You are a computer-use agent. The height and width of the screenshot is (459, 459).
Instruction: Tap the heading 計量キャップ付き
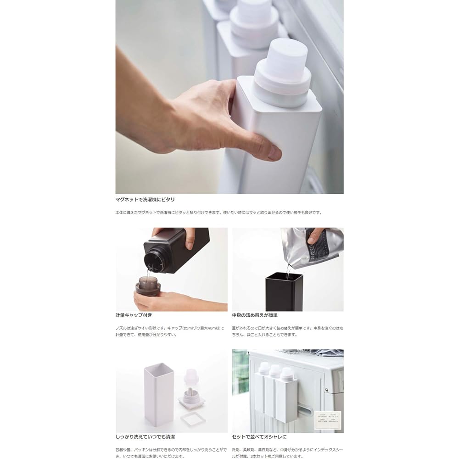[134, 315]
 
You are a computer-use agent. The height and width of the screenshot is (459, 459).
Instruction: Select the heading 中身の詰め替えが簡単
[255, 315]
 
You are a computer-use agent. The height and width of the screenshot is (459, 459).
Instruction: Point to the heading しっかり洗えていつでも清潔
[145, 437]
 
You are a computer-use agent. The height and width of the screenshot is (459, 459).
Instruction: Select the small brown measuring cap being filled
[147, 287]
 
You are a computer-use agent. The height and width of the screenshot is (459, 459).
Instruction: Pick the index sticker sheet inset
[328, 420]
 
